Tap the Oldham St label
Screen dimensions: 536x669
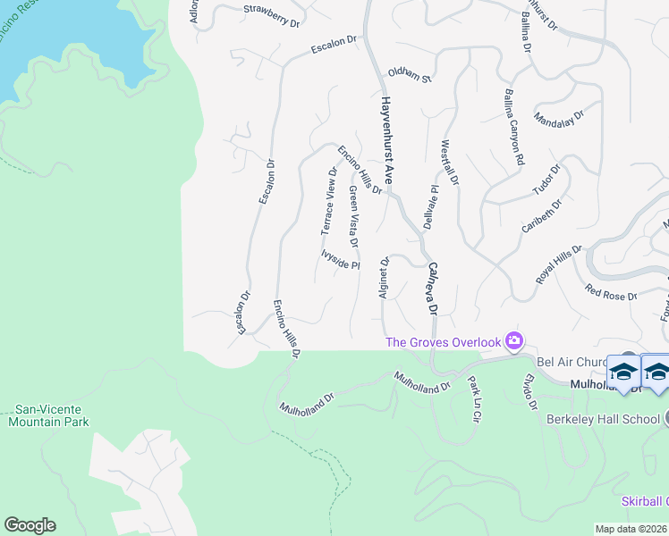[x=409, y=76]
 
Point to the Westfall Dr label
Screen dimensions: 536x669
[x=448, y=163]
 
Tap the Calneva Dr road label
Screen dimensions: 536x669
[x=433, y=288]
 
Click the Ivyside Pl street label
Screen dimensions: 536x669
[x=340, y=259]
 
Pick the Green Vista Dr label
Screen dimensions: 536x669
[x=354, y=217]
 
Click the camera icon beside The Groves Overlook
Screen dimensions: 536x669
[x=513, y=339]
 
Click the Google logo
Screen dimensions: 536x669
[x=30, y=525]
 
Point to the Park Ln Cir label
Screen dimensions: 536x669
[x=474, y=398]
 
